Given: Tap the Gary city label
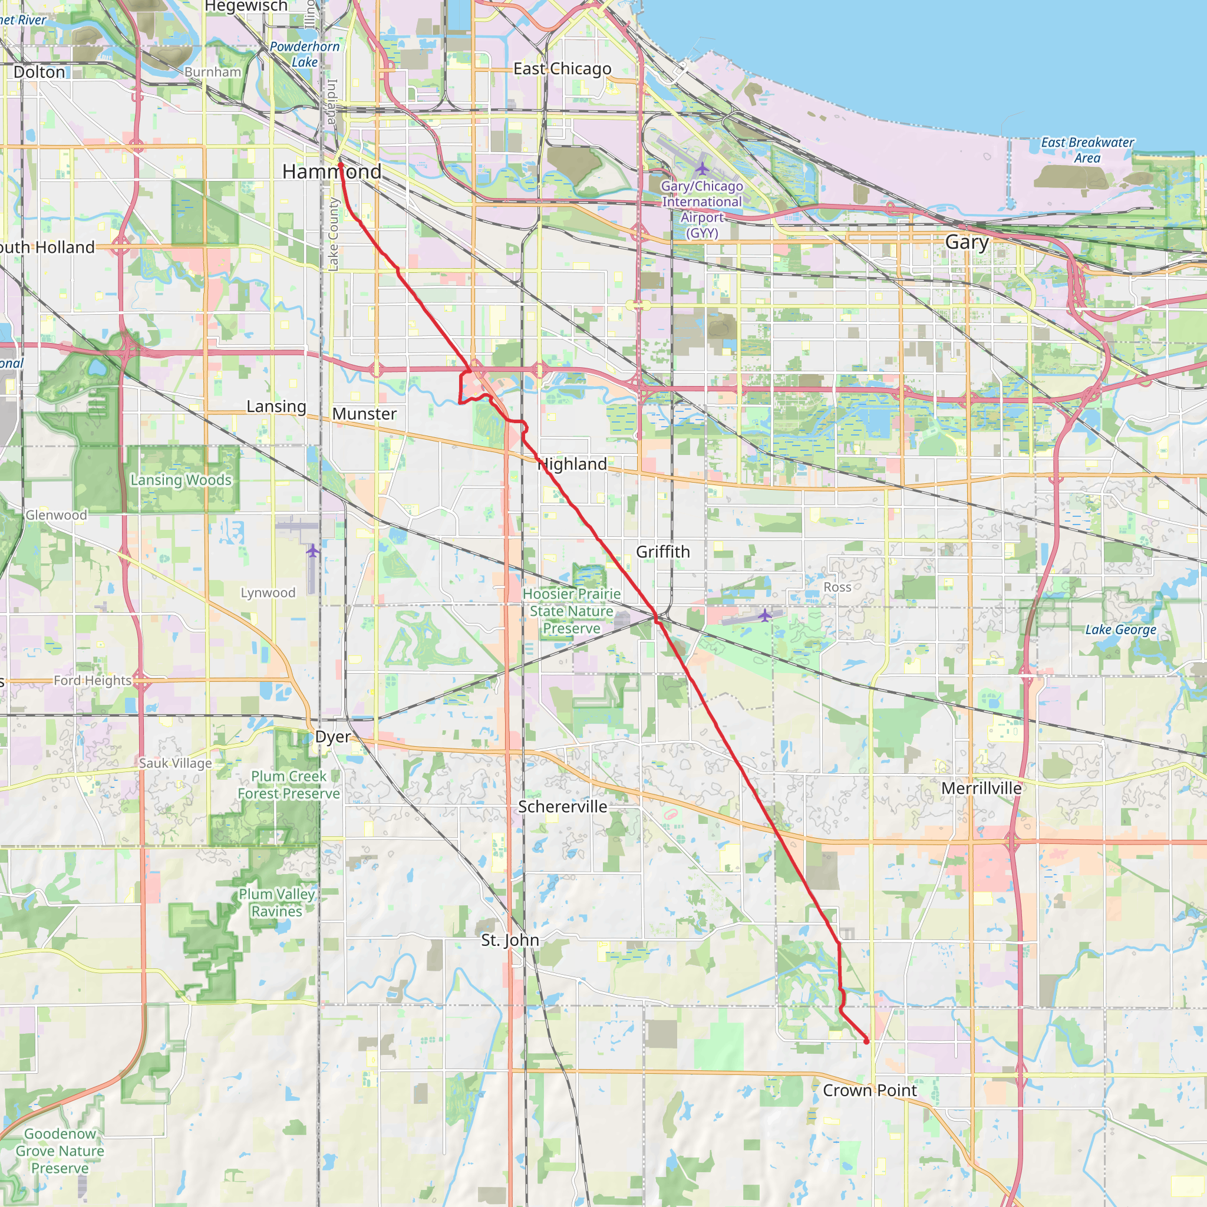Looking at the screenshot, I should (967, 242).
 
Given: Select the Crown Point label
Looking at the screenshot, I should (870, 1090).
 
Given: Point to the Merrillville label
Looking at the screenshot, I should (981, 789).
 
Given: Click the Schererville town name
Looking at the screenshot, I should (562, 807).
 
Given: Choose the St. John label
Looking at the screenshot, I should (510, 939).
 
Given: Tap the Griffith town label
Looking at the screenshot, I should (663, 552).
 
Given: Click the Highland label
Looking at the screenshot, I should (572, 464).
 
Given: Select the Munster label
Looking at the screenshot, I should (364, 414).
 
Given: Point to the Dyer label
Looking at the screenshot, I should (333, 737).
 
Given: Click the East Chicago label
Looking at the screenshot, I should (562, 69).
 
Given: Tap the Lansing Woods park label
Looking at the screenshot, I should (181, 480).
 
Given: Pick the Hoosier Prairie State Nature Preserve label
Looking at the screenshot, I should (572, 611).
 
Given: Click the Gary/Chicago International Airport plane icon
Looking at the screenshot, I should (702, 169).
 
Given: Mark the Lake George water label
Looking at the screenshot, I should (1120, 630).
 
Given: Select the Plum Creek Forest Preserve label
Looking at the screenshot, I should (289, 784).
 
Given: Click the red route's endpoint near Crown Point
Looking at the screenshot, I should (866, 1041).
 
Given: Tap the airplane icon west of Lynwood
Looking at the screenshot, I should (312, 550).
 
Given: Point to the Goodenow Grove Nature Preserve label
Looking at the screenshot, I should (60, 1151).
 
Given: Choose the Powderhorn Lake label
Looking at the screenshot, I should (305, 54).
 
